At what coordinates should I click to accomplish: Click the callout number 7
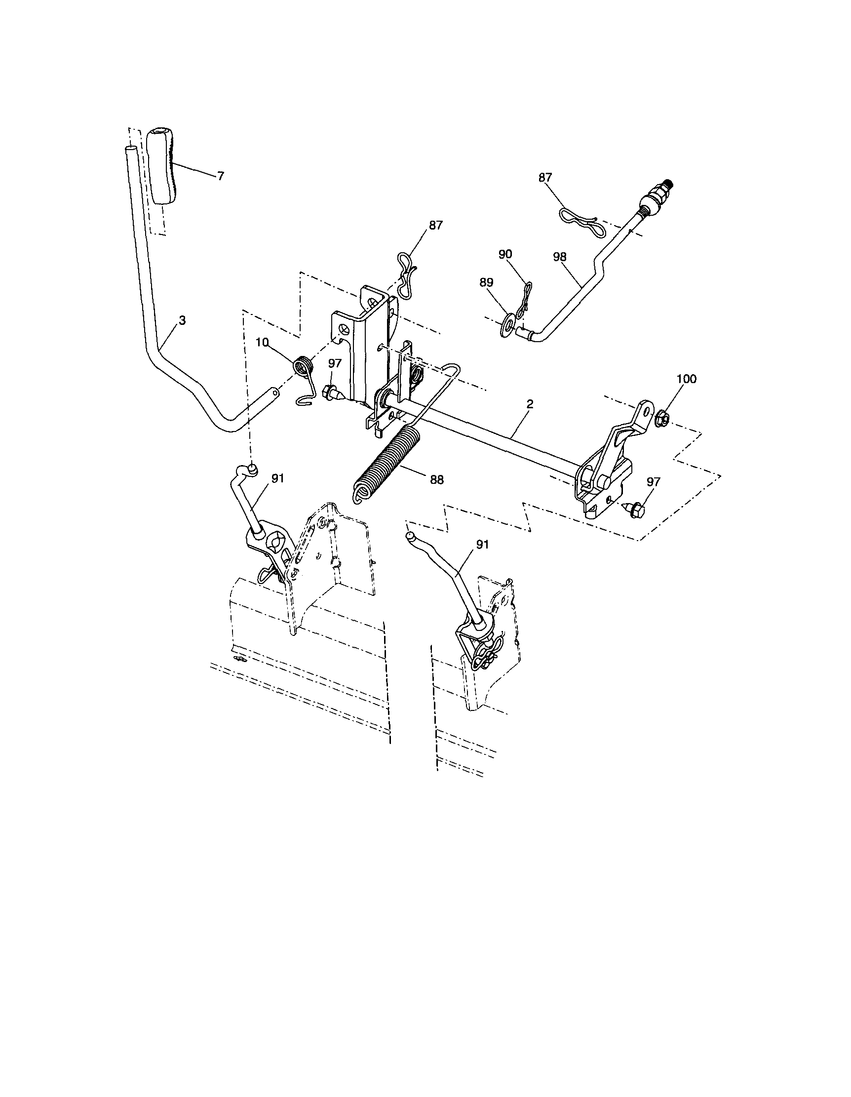click(221, 176)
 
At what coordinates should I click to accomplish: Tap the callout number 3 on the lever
click(182, 320)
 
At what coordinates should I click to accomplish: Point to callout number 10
click(262, 342)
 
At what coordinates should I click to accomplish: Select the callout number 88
click(436, 480)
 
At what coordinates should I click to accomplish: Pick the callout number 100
click(686, 379)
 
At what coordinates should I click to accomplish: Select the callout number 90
click(505, 254)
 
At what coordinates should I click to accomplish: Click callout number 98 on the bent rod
click(559, 257)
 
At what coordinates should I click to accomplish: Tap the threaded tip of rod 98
click(668, 185)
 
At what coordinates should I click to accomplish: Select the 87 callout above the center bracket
click(436, 226)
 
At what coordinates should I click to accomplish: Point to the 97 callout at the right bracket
click(653, 482)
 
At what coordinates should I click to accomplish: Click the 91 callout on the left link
click(277, 479)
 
